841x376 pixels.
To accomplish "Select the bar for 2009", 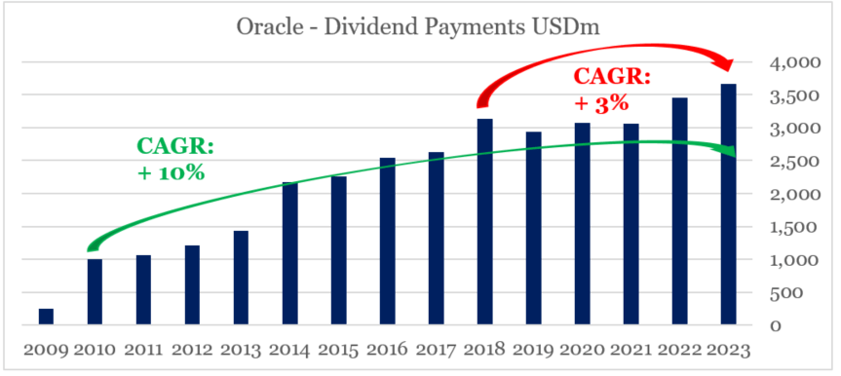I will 46,317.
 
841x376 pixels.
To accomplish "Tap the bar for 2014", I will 289,253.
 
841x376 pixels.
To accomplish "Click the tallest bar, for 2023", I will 728,205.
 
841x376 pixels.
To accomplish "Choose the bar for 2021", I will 631,224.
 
